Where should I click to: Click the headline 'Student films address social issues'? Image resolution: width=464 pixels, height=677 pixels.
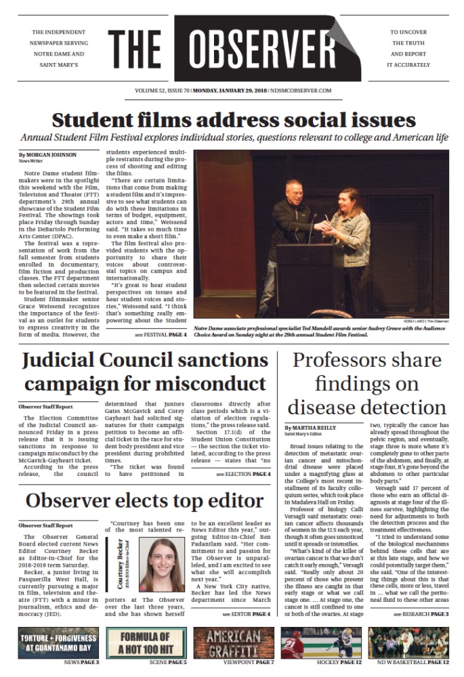(x=234, y=119)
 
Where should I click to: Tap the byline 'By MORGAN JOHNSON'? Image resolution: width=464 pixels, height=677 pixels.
(x=45, y=155)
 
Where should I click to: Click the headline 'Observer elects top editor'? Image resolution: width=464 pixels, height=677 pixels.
(x=144, y=502)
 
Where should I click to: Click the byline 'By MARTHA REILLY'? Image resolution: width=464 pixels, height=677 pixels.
(x=312, y=429)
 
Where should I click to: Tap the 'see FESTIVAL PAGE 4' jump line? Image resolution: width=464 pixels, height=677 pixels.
(x=161, y=335)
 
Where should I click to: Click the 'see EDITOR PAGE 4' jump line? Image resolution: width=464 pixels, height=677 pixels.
(x=246, y=613)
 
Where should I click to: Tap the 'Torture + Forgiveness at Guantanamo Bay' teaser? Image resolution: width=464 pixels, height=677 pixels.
(x=60, y=642)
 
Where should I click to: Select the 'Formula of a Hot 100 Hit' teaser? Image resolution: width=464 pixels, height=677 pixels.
(x=145, y=642)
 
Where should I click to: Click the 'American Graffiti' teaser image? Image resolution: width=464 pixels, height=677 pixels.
(x=232, y=642)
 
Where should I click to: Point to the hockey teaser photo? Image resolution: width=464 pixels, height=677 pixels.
(x=319, y=642)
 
